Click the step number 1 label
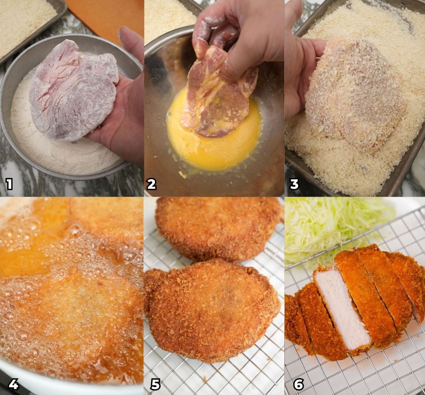[x=9, y=184]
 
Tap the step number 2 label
[x=152, y=184]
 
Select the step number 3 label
[x=294, y=184]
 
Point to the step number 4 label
[x=13, y=384]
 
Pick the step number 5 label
[x=155, y=384]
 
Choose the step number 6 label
[x=298, y=384]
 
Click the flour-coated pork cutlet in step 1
[x=71, y=92]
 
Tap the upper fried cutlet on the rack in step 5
[x=216, y=227]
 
